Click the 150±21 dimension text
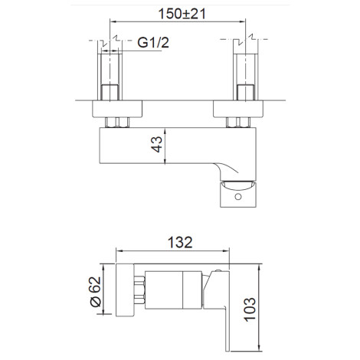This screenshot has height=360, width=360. [182, 14]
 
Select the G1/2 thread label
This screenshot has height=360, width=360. [153, 42]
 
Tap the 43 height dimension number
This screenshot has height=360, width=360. [157, 145]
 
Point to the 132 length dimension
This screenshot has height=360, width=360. [180, 242]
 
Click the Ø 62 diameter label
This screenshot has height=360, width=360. [96, 292]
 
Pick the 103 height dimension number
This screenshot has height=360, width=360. [250, 309]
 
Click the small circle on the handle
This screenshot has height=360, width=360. [238, 197]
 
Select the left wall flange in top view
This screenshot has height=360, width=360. [117, 109]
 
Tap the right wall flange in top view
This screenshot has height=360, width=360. [238, 109]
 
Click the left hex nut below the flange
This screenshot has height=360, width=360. [117, 123]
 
